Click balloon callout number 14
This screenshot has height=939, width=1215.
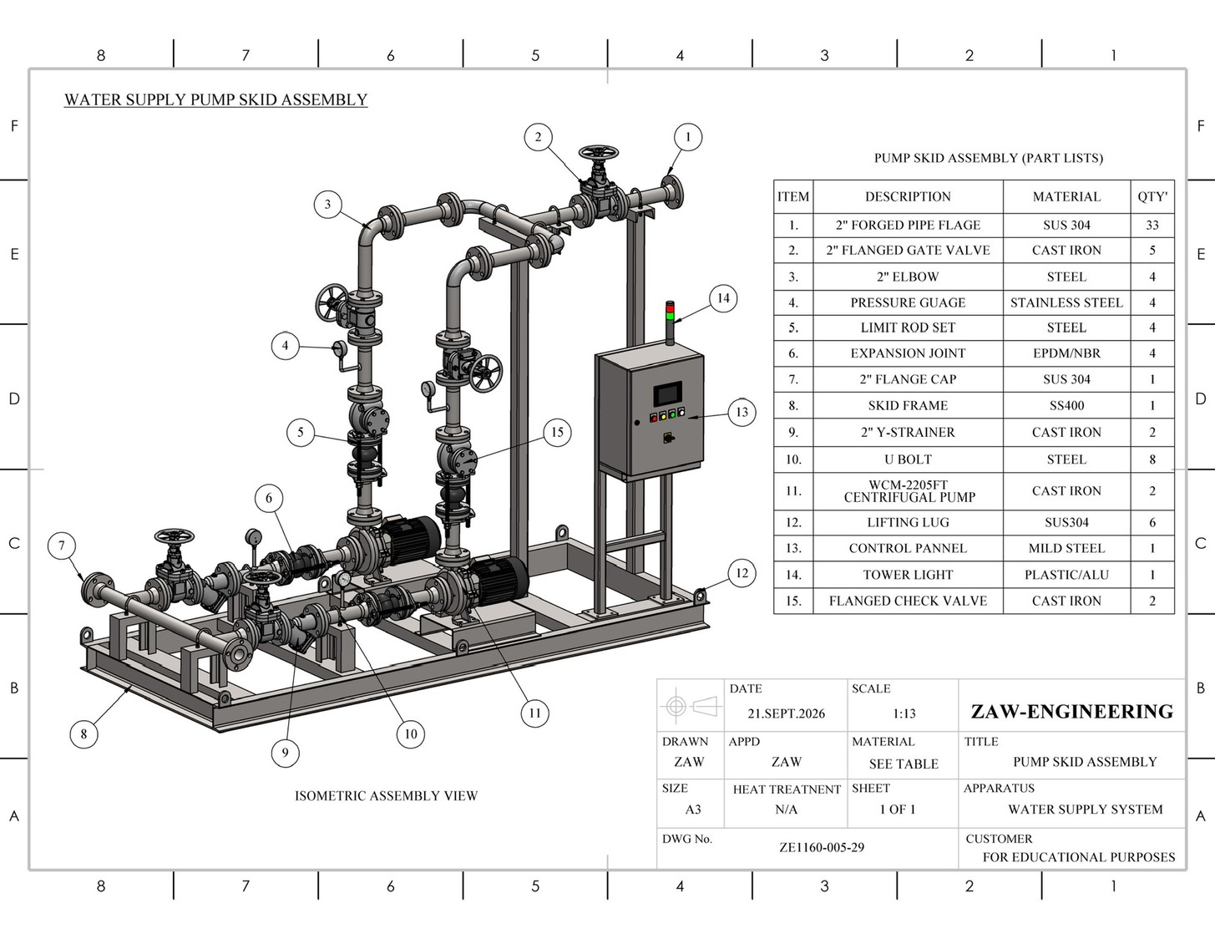point(723,298)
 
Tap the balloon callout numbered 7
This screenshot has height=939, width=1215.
point(62,546)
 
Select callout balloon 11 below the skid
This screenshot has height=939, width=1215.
point(534,713)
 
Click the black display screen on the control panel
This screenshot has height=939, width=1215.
point(667,393)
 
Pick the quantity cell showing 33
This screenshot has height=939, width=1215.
point(1152,225)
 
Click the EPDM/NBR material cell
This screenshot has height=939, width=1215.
point(1066,353)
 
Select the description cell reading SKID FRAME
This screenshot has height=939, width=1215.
point(908,405)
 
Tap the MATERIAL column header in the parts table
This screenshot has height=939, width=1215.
point(1066,196)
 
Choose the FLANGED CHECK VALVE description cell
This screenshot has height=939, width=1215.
point(908,601)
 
